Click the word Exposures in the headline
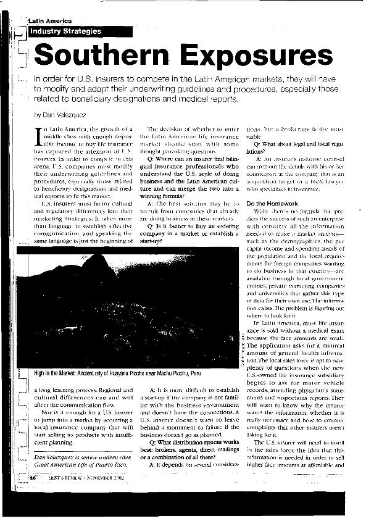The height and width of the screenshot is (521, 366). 250,57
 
